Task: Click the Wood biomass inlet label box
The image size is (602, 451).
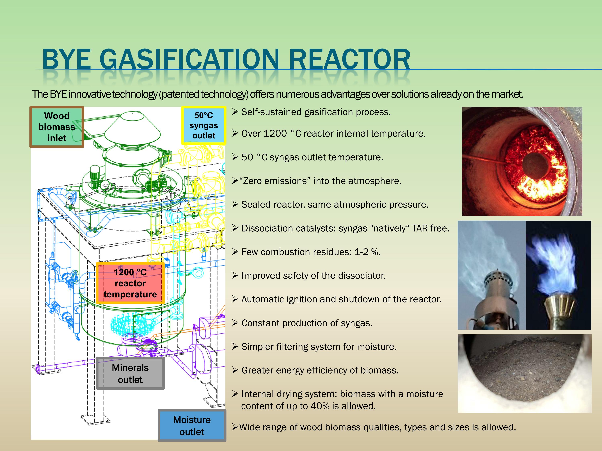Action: point(57,127)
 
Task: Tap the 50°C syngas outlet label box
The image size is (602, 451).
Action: point(203,125)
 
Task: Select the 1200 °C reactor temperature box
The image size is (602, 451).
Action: point(130,283)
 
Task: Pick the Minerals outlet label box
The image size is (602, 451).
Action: point(130,373)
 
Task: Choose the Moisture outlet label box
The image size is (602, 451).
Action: point(192,426)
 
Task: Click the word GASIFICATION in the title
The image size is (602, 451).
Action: point(189,59)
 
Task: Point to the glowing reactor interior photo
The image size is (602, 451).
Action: point(522,162)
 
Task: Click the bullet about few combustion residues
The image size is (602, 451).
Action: point(310,252)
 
